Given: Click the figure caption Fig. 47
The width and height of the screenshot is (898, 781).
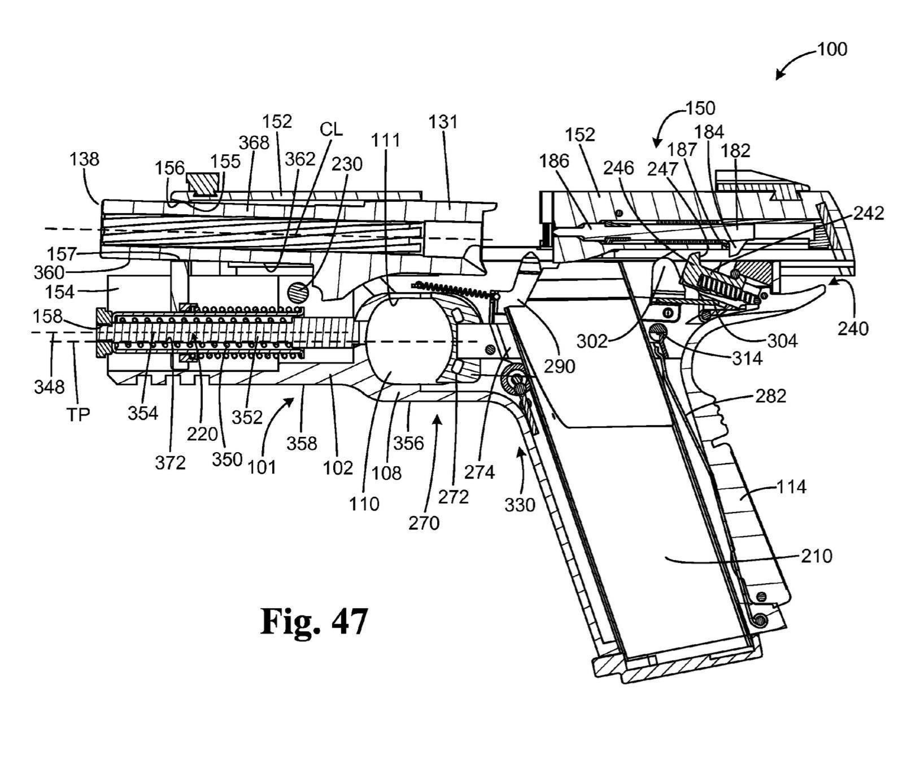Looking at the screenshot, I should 314,621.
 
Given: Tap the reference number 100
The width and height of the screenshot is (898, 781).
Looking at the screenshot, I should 832,50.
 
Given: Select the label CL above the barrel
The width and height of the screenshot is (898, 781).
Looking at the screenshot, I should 331,129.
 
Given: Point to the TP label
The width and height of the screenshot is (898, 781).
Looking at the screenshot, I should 79,415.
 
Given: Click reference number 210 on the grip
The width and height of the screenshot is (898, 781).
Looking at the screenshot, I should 816,556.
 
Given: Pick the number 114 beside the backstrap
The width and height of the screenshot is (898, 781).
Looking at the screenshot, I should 791,487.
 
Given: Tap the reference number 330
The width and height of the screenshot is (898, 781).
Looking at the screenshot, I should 520,504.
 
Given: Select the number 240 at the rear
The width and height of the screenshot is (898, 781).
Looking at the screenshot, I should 853,328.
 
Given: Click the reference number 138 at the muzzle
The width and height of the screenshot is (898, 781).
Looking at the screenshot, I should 84,159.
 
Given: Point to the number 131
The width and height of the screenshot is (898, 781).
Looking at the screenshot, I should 443,122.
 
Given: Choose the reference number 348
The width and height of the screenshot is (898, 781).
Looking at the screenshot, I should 49,387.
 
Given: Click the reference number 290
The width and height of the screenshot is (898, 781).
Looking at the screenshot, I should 559,366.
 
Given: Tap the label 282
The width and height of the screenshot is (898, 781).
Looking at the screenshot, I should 770,396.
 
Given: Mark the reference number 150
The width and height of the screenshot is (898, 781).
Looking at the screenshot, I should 700,107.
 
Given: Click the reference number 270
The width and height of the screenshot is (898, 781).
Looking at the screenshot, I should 424,523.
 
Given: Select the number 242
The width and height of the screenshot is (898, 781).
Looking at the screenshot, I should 868,213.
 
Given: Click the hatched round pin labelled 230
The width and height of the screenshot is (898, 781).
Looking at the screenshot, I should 298,292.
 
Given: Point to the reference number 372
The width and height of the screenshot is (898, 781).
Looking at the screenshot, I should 170,463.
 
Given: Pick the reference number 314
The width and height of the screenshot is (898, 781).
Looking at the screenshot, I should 747,359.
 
